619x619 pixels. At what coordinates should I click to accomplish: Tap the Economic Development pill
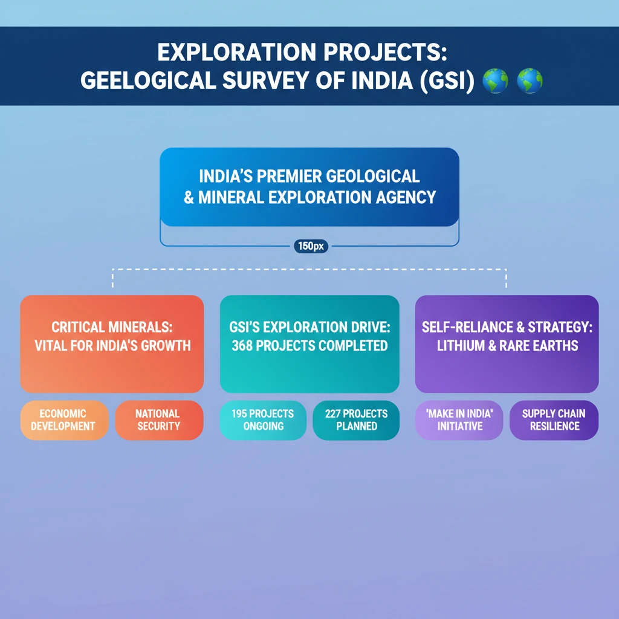(x=63, y=420)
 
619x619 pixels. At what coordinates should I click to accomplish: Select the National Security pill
(x=158, y=420)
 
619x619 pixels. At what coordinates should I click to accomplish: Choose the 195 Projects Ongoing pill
(x=263, y=420)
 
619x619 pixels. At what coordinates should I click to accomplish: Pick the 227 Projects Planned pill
(x=356, y=420)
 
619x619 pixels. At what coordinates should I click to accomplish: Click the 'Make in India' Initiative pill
(x=458, y=420)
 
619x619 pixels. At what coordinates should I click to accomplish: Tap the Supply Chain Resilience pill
(x=554, y=420)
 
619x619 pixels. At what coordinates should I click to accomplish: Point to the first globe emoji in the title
(x=495, y=81)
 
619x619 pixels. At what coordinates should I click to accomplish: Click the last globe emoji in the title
(x=529, y=81)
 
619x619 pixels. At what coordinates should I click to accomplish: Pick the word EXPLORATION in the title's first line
(x=238, y=53)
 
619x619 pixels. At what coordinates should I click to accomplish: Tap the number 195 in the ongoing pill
(x=241, y=414)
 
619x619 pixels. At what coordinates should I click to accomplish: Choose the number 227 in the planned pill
(x=334, y=414)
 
